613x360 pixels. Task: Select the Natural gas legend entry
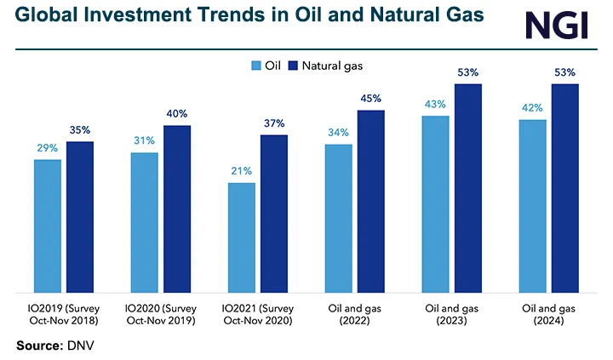click(329, 66)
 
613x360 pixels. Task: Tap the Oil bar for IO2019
click(48, 225)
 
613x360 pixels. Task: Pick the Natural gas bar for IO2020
click(177, 208)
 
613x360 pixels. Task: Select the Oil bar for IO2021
click(241, 237)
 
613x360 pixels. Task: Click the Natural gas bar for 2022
click(370, 200)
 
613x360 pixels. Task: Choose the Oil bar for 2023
click(435, 203)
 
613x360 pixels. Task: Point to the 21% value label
click(241, 171)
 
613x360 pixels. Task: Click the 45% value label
click(370, 98)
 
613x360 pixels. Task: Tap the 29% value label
click(48, 148)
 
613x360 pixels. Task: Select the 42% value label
click(532, 108)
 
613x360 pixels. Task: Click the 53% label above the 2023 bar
click(467, 72)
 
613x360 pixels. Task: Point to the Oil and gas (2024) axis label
click(549, 312)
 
